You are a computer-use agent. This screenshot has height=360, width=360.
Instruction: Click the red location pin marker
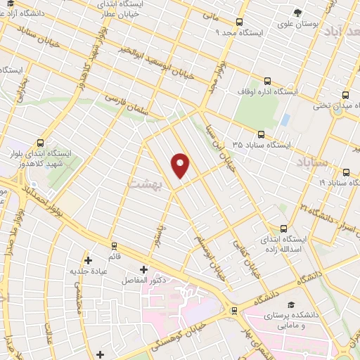[x=181, y=165]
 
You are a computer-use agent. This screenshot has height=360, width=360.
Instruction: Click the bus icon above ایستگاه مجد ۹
[x=240, y=22]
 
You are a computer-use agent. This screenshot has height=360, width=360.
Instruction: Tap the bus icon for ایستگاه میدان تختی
[x=345, y=95]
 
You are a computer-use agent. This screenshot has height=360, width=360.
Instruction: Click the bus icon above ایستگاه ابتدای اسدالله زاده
[x=283, y=229]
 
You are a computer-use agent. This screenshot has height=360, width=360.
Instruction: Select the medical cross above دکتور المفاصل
[x=143, y=269]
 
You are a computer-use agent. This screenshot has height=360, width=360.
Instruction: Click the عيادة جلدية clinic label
[x=87, y=271]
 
